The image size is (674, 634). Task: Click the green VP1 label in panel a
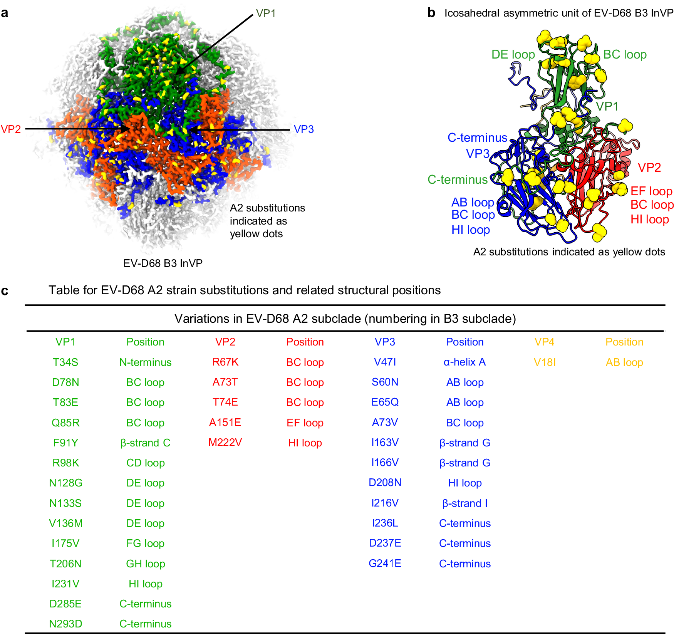click(x=266, y=13)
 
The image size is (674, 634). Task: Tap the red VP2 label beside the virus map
click(x=11, y=129)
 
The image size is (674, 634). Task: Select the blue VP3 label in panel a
click(x=303, y=129)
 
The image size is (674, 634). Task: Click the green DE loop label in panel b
click(x=513, y=55)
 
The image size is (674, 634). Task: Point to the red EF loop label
click(x=651, y=191)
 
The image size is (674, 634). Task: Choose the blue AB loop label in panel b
click(x=473, y=202)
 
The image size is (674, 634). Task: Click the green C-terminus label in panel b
click(x=458, y=179)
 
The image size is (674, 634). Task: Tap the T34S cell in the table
click(x=65, y=362)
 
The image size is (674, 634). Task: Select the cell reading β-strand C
click(x=145, y=443)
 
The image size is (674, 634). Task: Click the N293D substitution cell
click(x=65, y=624)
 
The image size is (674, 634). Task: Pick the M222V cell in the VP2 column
click(x=225, y=443)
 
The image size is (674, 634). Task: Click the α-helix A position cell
click(x=464, y=362)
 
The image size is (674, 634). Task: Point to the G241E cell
click(x=385, y=564)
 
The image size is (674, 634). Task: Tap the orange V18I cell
click(x=544, y=362)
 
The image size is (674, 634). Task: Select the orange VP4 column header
click(x=544, y=342)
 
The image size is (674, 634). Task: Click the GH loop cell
click(x=145, y=564)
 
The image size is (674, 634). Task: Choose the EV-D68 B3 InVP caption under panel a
click(x=163, y=263)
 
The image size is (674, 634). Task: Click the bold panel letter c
click(x=5, y=290)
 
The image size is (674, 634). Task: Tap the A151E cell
click(x=225, y=423)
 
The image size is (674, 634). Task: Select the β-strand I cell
click(x=464, y=503)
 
